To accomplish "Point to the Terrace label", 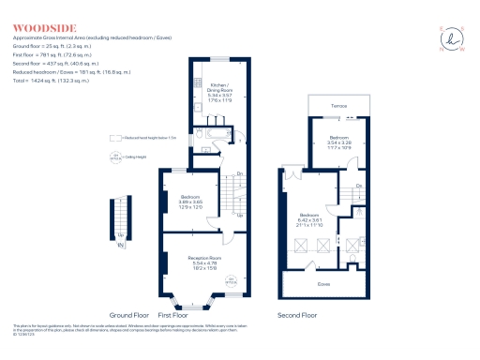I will (x=338, y=106).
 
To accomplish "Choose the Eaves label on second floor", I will (x=323, y=282).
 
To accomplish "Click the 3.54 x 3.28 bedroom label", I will (x=338, y=142).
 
